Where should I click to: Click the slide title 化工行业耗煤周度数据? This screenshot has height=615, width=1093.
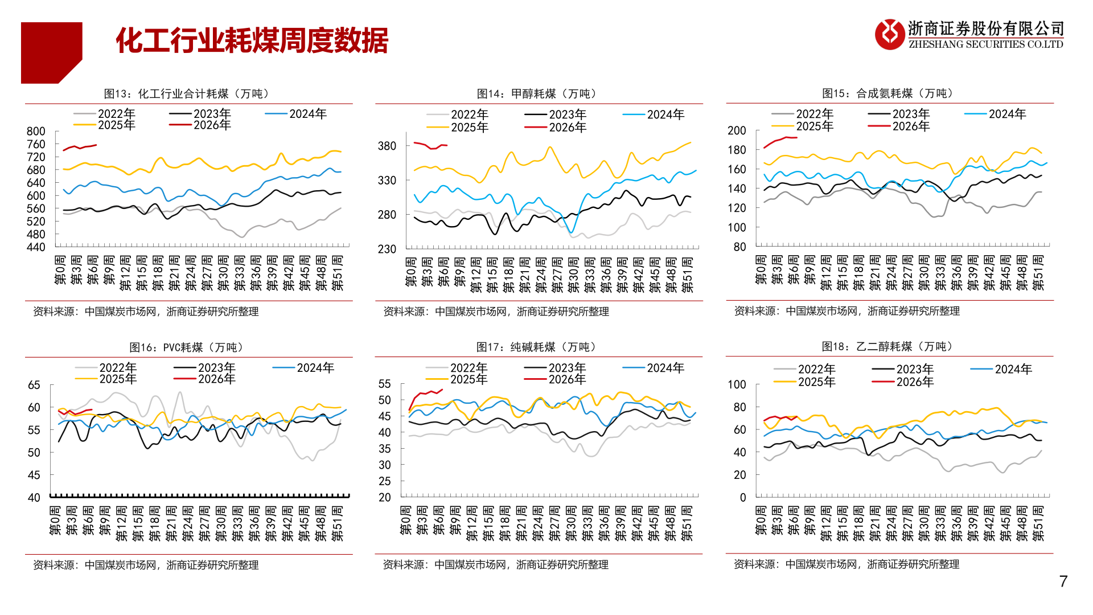[252, 41]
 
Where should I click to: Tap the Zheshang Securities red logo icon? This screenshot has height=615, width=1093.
[889, 34]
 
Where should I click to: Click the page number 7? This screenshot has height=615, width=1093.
[1063, 581]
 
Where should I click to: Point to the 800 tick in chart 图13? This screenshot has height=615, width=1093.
[36, 132]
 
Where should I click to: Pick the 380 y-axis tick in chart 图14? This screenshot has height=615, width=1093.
[387, 146]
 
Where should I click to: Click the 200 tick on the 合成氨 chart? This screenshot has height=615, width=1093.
[737, 131]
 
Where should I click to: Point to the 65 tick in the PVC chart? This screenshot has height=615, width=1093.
[34, 386]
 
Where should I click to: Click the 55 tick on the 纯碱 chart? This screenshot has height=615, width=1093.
[385, 384]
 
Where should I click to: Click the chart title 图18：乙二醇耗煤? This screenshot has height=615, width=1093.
[889, 347]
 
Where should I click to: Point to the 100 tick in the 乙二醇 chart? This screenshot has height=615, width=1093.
[737, 385]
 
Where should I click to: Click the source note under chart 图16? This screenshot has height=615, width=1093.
[146, 565]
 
